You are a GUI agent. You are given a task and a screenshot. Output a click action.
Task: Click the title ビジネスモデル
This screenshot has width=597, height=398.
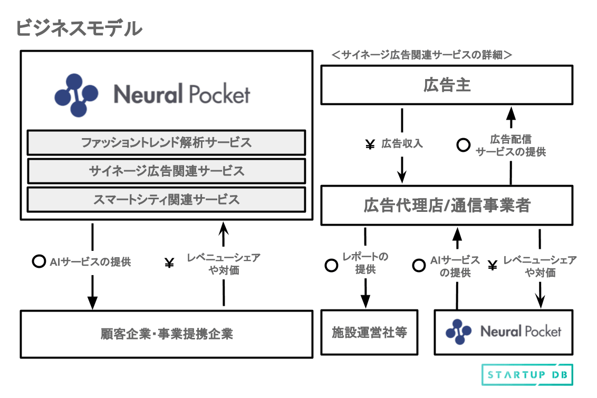click(79, 28)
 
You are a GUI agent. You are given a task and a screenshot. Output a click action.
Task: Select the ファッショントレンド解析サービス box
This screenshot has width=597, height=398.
click(166, 142)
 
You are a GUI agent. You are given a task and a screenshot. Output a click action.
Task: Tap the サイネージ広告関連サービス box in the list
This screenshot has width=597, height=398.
click(166, 171)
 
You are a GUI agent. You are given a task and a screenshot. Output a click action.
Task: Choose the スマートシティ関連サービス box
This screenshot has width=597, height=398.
click(166, 199)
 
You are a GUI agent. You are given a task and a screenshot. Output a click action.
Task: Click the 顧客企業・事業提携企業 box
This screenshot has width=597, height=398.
click(166, 334)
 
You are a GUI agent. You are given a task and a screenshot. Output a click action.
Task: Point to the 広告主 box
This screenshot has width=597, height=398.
click(447, 85)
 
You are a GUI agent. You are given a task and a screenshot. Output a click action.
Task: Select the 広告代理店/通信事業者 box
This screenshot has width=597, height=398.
click(447, 205)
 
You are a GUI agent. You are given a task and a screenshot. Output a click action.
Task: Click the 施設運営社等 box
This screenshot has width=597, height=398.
click(369, 332)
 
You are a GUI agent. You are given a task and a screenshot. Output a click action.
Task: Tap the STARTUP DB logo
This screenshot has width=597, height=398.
click(527, 375)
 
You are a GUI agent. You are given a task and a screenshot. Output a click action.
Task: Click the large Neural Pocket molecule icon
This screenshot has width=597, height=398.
click(76, 95)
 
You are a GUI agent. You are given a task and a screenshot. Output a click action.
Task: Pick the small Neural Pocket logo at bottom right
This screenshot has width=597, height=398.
click(503, 332)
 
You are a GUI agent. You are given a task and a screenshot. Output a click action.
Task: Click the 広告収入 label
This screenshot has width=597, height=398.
click(402, 144)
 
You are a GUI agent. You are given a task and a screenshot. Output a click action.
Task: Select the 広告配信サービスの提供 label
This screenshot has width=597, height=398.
click(511, 145)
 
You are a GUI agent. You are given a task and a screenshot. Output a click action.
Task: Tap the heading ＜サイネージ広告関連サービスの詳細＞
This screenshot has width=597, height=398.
click(421, 54)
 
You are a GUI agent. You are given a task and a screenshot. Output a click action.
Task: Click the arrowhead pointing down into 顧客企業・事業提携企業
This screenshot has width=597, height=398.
click(92, 303)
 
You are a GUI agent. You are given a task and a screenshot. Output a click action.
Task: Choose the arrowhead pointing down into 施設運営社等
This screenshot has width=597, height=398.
click(365, 301)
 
